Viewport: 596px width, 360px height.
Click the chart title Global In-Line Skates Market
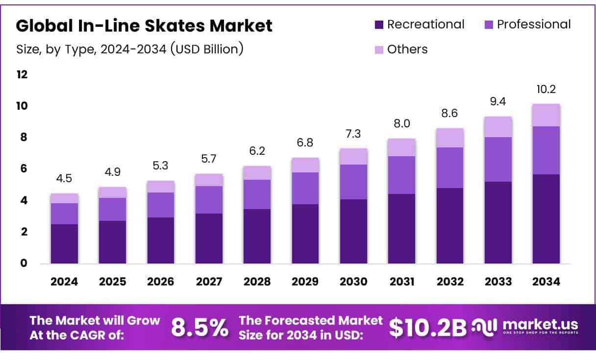point(144,25)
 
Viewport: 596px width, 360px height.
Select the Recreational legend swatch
point(379,24)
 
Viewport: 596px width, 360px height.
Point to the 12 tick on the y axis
point(23,75)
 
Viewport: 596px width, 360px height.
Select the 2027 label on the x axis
point(209,282)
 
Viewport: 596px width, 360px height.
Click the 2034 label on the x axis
point(546,282)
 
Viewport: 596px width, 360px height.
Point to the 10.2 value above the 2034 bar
point(546,90)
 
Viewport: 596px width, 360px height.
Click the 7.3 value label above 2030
point(353,134)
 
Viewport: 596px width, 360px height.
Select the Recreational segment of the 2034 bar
point(546,219)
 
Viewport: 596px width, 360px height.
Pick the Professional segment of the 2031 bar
point(401,175)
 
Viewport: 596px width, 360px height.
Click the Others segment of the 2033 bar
point(498,127)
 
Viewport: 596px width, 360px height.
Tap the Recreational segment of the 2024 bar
point(64,244)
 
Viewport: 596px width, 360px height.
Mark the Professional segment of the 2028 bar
point(257,194)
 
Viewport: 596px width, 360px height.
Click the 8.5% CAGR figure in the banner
point(199,328)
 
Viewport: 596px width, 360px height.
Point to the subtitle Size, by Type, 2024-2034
point(130,49)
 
